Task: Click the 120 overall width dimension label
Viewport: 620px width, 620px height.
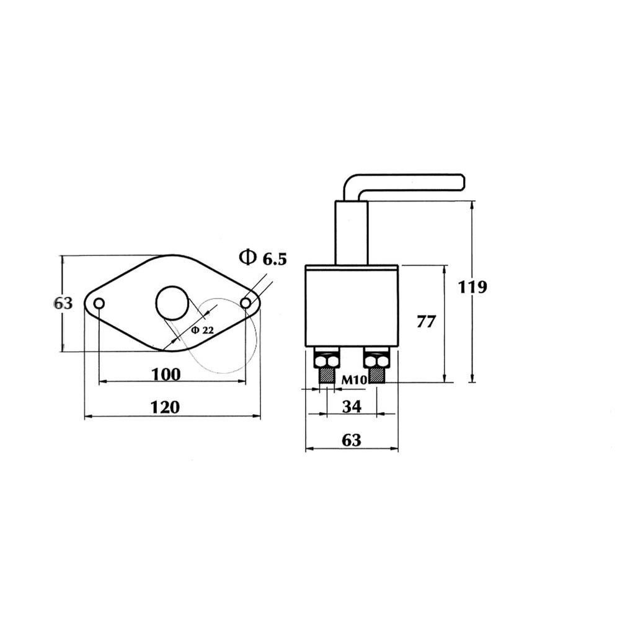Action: pos(165,407)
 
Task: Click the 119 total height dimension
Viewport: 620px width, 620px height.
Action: pos(472,287)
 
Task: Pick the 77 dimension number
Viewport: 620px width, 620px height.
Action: pos(425,321)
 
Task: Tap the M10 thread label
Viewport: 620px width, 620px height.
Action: pos(352,379)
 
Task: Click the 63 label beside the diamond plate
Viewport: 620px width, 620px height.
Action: pos(63,303)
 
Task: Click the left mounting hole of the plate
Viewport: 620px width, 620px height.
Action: pos(99,303)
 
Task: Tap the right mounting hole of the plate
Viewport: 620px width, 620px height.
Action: pos(246,303)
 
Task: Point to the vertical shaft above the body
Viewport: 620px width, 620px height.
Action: pos(352,232)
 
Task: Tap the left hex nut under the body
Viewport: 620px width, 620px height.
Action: pos(325,359)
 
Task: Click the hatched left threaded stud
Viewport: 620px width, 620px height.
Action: pos(325,376)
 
